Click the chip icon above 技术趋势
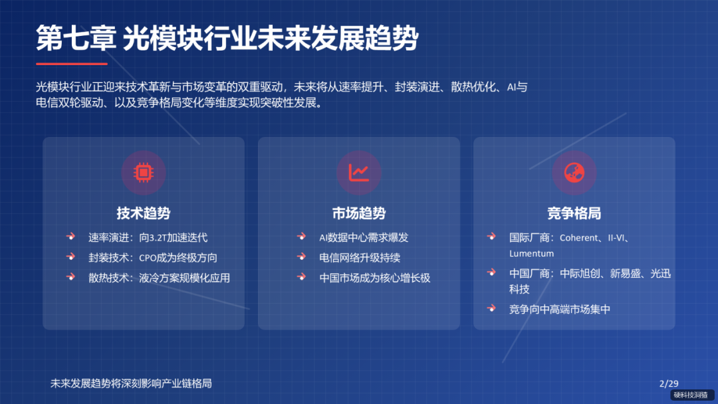click(143, 172)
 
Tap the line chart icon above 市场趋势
click(359, 172)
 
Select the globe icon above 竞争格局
click(574, 172)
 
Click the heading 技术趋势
click(144, 213)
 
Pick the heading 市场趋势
click(359, 213)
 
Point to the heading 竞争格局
click(574, 213)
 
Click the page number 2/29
click(668, 383)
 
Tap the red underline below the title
click(72, 64)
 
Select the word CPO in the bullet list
click(150, 258)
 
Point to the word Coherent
click(579, 237)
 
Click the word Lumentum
click(531, 253)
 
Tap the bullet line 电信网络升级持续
click(360, 258)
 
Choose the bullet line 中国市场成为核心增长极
click(375, 278)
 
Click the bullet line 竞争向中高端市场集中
click(560, 309)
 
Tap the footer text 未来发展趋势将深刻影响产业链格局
click(131, 383)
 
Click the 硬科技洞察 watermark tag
click(690, 395)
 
